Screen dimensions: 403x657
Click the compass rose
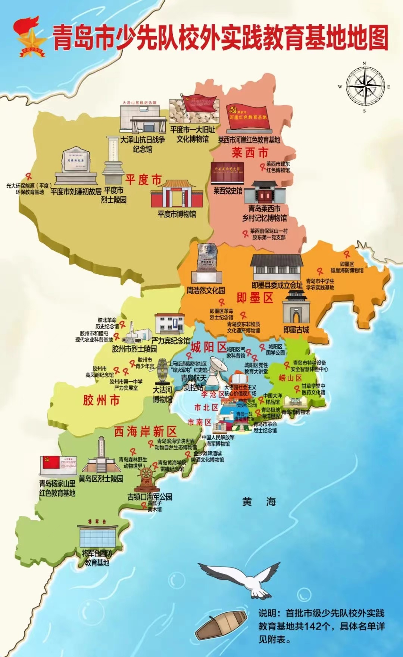[365, 87]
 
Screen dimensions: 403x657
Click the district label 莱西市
[250, 153]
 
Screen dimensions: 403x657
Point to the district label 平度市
[143, 180]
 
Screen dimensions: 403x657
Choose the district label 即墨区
[255, 298]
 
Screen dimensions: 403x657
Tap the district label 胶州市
[101, 401]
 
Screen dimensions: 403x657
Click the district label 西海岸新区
[145, 432]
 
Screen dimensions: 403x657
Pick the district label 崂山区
[290, 378]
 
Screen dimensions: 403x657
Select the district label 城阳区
[209, 347]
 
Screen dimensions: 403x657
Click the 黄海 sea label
[259, 502]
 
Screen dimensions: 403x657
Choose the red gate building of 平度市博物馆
[177, 194]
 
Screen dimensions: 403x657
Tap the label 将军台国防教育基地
[97, 558]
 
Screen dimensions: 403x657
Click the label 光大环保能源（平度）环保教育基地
[29, 189]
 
